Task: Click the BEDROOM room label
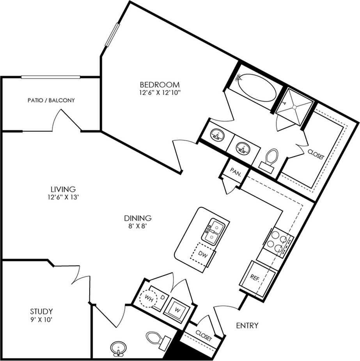160,85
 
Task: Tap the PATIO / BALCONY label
51,100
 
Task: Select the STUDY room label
41,311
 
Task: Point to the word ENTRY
247,325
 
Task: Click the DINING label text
138,218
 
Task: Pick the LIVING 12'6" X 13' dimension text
63,197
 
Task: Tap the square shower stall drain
294,107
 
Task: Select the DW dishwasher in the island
203,254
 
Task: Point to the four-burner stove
277,242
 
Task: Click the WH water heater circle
149,299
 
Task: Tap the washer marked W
177,310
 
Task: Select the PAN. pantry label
236,172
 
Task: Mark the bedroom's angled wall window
113,35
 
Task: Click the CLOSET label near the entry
204,336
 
